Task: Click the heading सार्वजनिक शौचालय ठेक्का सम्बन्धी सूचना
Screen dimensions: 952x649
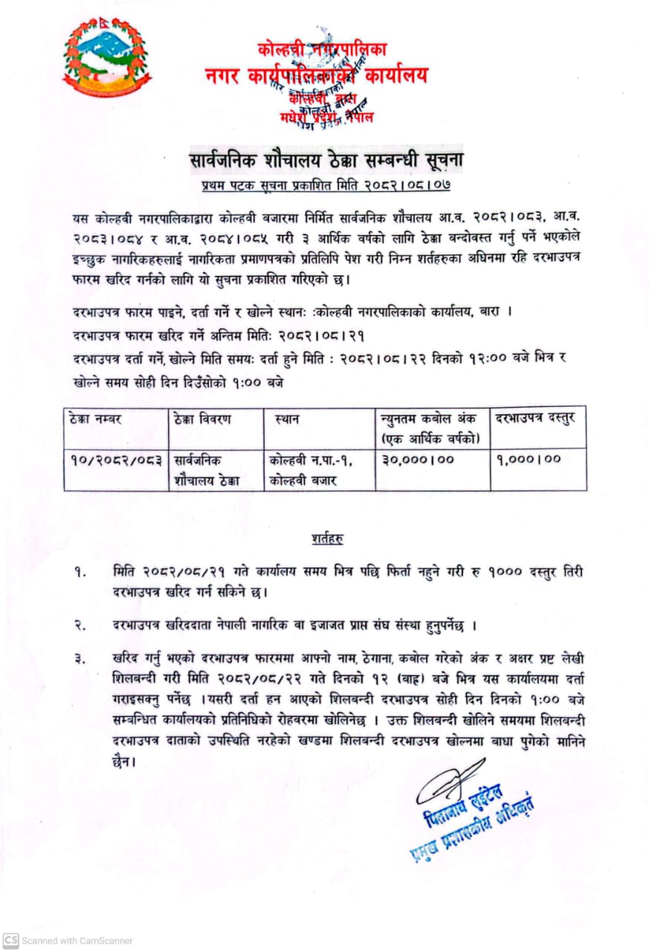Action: coord(324,160)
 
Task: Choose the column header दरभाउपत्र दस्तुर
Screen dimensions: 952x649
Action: coord(535,419)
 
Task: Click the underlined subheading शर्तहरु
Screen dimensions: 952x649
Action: coord(327,537)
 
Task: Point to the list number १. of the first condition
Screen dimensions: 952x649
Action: coord(79,572)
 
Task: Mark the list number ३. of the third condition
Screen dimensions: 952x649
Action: coord(79,659)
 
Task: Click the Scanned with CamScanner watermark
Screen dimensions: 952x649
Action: coord(68,940)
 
